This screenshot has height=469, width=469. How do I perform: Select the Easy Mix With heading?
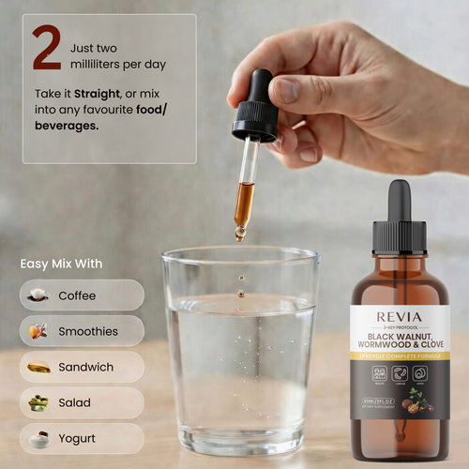[x=62, y=264]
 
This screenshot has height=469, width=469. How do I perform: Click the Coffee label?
[x=77, y=295]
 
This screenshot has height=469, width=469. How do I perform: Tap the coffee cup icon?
[x=38, y=295]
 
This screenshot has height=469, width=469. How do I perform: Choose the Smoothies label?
[x=88, y=331]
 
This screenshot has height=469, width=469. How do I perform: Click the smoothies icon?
[x=38, y=331]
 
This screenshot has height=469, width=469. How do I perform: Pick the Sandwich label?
[x=85, y=367]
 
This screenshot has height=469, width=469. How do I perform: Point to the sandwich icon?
[x=38, y=367]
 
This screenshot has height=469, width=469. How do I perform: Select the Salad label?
[x=75, y=402]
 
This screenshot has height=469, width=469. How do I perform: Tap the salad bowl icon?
[x=38, y=402]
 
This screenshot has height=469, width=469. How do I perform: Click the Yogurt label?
[x=77, y=438]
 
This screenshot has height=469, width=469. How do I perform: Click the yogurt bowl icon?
[x=38, y=438]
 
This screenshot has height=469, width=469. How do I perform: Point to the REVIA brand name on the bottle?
[x=401, y=315]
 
